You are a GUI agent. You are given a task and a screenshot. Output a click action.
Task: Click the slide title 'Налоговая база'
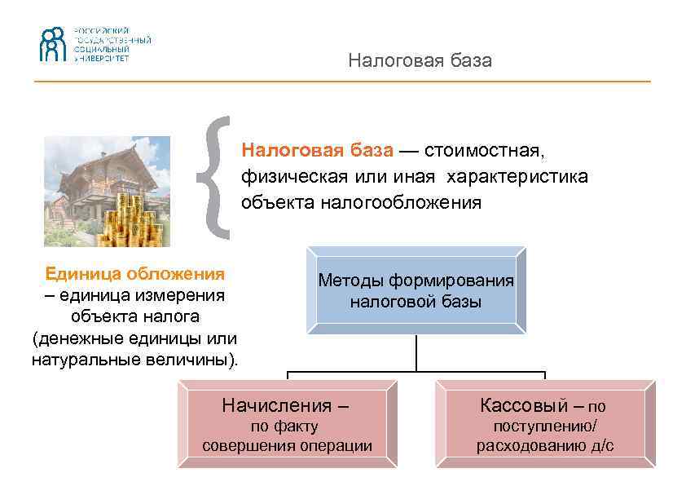coord(420,61)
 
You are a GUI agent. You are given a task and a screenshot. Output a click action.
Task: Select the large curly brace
coord(217,177)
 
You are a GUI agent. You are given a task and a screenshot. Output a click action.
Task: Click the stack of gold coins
coord(134,219)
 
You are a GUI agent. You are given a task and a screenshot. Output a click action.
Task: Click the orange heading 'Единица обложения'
coord(135,273)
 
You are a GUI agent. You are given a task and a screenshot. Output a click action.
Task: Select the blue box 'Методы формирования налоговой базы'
coord(416,291)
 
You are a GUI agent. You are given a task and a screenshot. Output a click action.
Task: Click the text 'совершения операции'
coord(287,445)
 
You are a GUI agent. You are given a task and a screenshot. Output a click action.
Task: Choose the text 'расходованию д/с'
coord(545,445)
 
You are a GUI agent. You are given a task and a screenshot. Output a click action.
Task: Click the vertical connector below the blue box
coord(416,352)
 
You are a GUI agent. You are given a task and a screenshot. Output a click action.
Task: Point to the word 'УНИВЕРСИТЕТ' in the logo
coord(101,59)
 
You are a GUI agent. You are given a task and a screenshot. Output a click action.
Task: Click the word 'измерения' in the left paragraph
coord(169,294)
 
